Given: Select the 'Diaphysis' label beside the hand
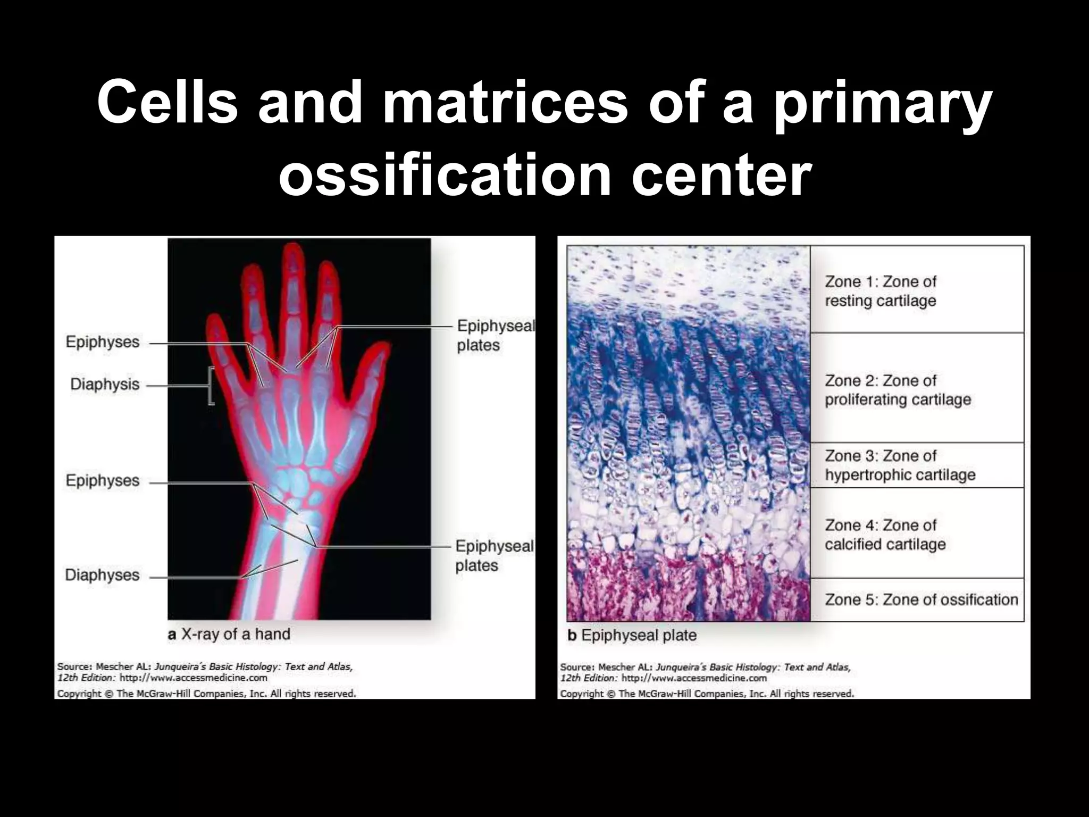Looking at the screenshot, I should [x=105, y=385].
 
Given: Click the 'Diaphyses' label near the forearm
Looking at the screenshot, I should [x=102, y=575].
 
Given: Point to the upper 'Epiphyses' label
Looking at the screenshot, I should [x=103, y=342].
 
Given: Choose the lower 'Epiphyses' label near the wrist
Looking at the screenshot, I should [x=103, y=481].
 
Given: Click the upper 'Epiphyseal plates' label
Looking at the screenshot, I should [x=495, y=335].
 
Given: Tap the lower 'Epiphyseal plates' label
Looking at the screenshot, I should [x=494, y=555].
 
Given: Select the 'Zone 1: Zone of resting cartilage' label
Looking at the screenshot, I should [x=880, y=291].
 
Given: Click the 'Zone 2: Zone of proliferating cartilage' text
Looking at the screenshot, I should [x=898, y=390].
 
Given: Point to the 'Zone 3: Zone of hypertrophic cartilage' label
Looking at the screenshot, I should [x=900, y=465].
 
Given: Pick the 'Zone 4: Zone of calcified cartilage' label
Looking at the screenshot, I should [x=885, y=535].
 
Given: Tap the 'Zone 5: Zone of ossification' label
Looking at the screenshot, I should [x=921, y=599].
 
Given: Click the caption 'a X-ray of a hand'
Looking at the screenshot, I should [x=229, y=634].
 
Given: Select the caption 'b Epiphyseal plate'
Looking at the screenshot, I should [x=632, y=635].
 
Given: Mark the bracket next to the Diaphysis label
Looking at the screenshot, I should [x=211, y=386].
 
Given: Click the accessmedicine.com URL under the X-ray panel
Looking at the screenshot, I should [x=193, y=678].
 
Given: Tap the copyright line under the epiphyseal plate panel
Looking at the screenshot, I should [x=707, y=694].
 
